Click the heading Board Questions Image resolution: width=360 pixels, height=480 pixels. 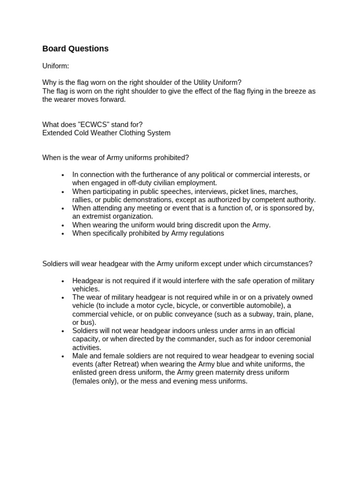75,49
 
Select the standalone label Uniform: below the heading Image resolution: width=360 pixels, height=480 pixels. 55,67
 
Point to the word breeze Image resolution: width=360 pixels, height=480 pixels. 291,91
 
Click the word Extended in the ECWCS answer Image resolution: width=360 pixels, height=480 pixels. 56,133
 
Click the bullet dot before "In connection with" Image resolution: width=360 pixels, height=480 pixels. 62,175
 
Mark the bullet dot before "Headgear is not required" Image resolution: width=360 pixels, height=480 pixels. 62,281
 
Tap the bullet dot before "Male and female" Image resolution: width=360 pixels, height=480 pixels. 62,356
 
